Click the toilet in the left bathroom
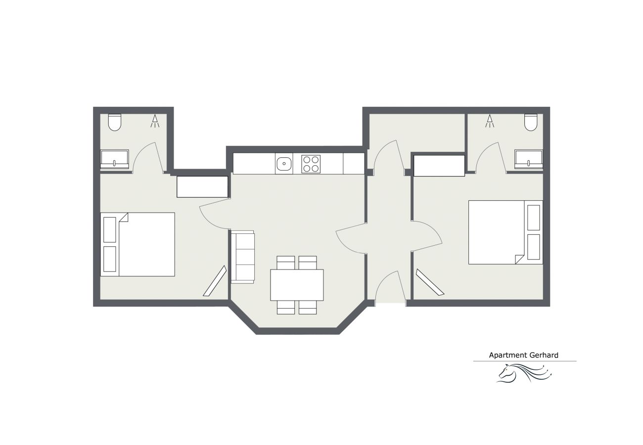[x=115, y=123]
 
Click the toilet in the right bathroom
[x=531, y=123]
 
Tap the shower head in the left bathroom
[x=155, y=121]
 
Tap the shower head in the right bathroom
[x=490, y=121]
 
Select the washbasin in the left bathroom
[x=115, y=159]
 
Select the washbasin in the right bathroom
[x=528, y=159]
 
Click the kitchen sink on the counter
[x=284, y=164]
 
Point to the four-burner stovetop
[x=311, y=164]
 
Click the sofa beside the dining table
[x=242, y=257]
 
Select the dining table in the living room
[x=297, y=285]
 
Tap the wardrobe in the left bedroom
[x=202, y=187]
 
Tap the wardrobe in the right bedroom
[x=439, y=166]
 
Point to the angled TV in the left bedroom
[x=215, y=281]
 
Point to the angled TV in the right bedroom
[x=430, y=282]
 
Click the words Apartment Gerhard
[x=523, y=355]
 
